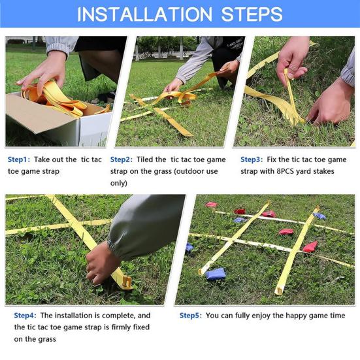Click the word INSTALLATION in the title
[x=144, y=14]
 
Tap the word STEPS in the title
[x=252, y=14]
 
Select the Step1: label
[x=19, y=159]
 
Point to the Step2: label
[x=122, y=159]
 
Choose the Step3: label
[x=252, y=159]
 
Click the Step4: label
[x=25, y=315]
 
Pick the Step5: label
[x=191, y=315]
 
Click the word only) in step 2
[x=119, y=183]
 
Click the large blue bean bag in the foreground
[x=215, y=274]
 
